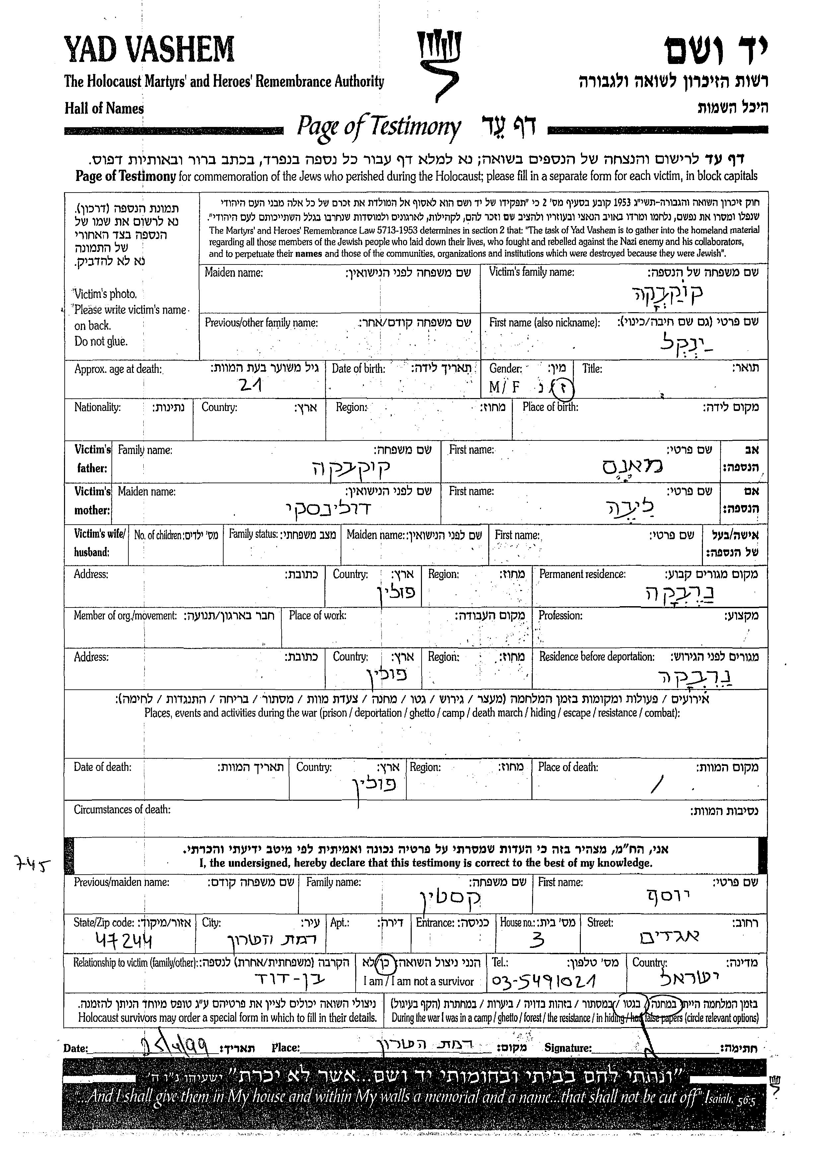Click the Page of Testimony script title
click(x=378, y=127)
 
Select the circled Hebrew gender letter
click(x=563, y=388)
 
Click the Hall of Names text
click(x=104, y=108)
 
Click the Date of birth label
click(x=358, y=369)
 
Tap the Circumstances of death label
click(x=122, y=809)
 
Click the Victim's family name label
click(x=531, y=272)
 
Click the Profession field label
click(x=560, y=615)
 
